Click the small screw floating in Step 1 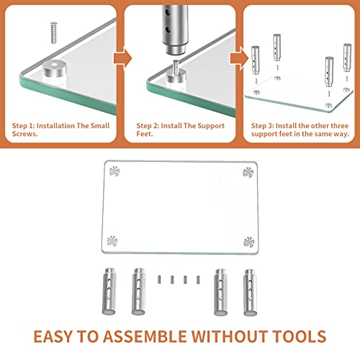pyautogui.click(x=54, y=33)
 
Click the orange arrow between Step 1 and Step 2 pyautogui.click(x=122, y=58)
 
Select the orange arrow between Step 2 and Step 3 pyautogui.click(x=240, y=58)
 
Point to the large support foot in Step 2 pyautogui.click(x=174, y=27)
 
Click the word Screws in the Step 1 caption pyautogui.click(x=24, y=134)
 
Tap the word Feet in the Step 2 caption pyautogui.click(x=144, y=134)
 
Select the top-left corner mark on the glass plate pyautogui.click(x=114, y=171)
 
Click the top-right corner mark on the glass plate pyautogui.click(x=248, y=172)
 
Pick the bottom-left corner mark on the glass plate pyautogui.click(x=112, y=241)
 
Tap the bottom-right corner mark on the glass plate pyautogui.click(x=249, y=242)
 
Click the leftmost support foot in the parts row pyautogui.click(x=109, y=291)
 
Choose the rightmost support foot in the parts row pyautogui.click(x=250, y=292)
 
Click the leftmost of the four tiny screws pyautogui.click(x=159, y=279)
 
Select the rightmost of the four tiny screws pyautogui.click(x=198, y=279)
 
